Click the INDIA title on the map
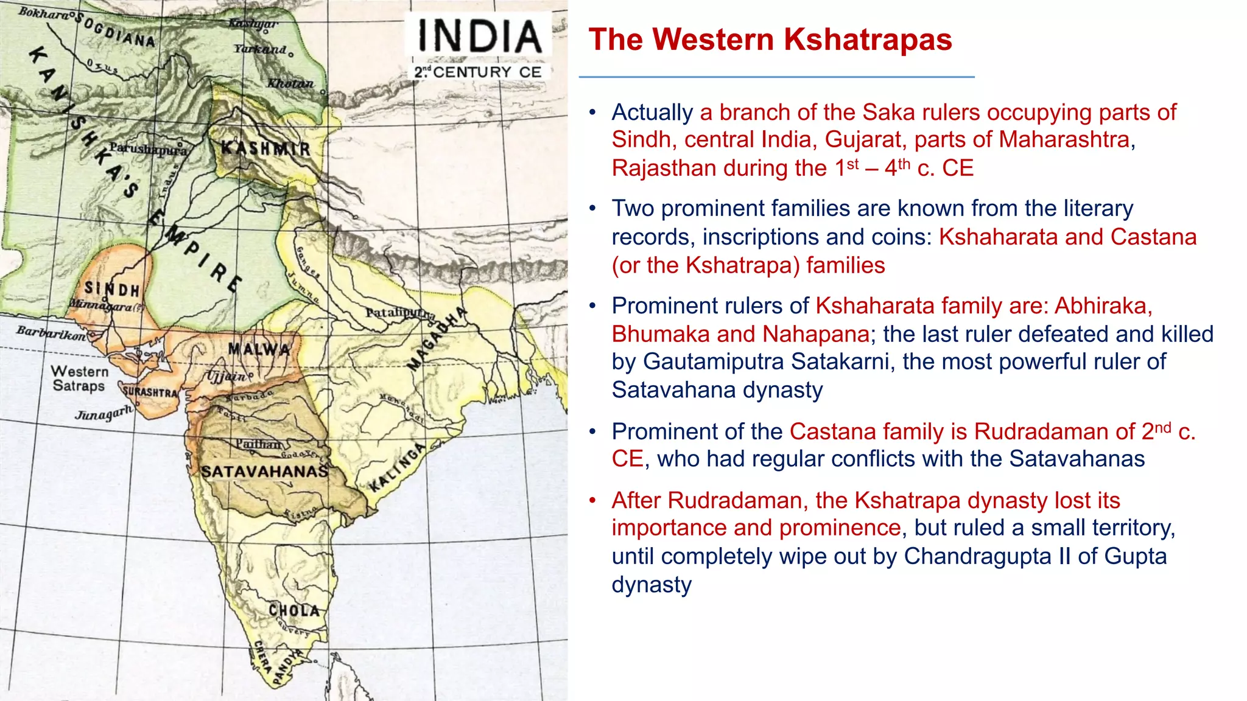[479, 36]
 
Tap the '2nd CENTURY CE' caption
[478, 72]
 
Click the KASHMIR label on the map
[265, 148]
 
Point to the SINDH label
[112, 288]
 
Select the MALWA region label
[259, 349]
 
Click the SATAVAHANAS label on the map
[264, 472]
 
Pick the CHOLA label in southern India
[294, 610]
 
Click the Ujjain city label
[227, 376]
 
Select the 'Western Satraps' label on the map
[79, 378]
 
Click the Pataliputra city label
[400, 313]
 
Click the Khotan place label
[290, 83]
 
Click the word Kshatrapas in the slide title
[868, 40]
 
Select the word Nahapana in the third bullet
[816, 334]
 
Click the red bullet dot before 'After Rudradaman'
[592, 501]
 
